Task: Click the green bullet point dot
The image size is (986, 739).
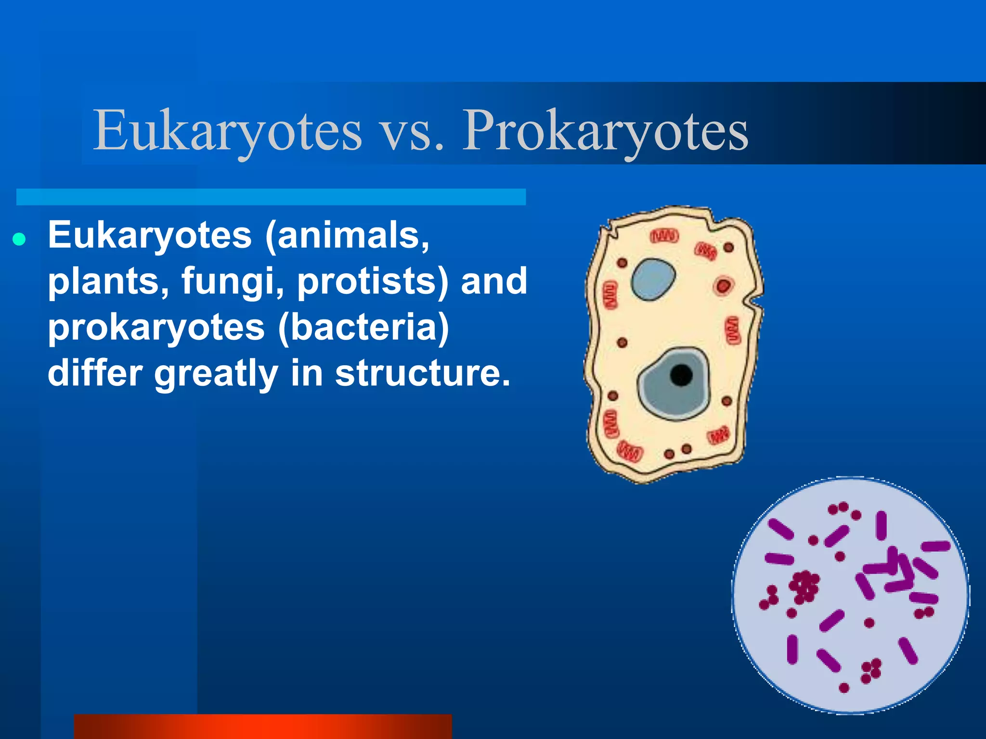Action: pyautogui.click(x=19, y=239)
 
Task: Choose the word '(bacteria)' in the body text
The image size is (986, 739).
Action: pyautogui.click(x=363, y=328)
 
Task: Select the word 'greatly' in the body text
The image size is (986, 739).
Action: pyautogui.click(x=216, y=374)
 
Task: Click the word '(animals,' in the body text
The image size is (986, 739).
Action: pyautogui.click(x=347, y=236)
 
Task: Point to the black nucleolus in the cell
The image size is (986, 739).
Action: pyautogui.click(x=681, y=375)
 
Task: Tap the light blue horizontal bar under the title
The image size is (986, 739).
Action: pyautogui.click(x=271, y=197)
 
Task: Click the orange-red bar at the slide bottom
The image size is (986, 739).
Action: pyautogui.click(x=263, y=726)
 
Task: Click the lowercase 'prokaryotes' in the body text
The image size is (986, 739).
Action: pyautogui.click(x=156, y=329)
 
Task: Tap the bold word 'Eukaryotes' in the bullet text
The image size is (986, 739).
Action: pyautogui.click(x=150, y=236)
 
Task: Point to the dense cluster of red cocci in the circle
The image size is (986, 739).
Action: pyautogui.click(x=803, y=586)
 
